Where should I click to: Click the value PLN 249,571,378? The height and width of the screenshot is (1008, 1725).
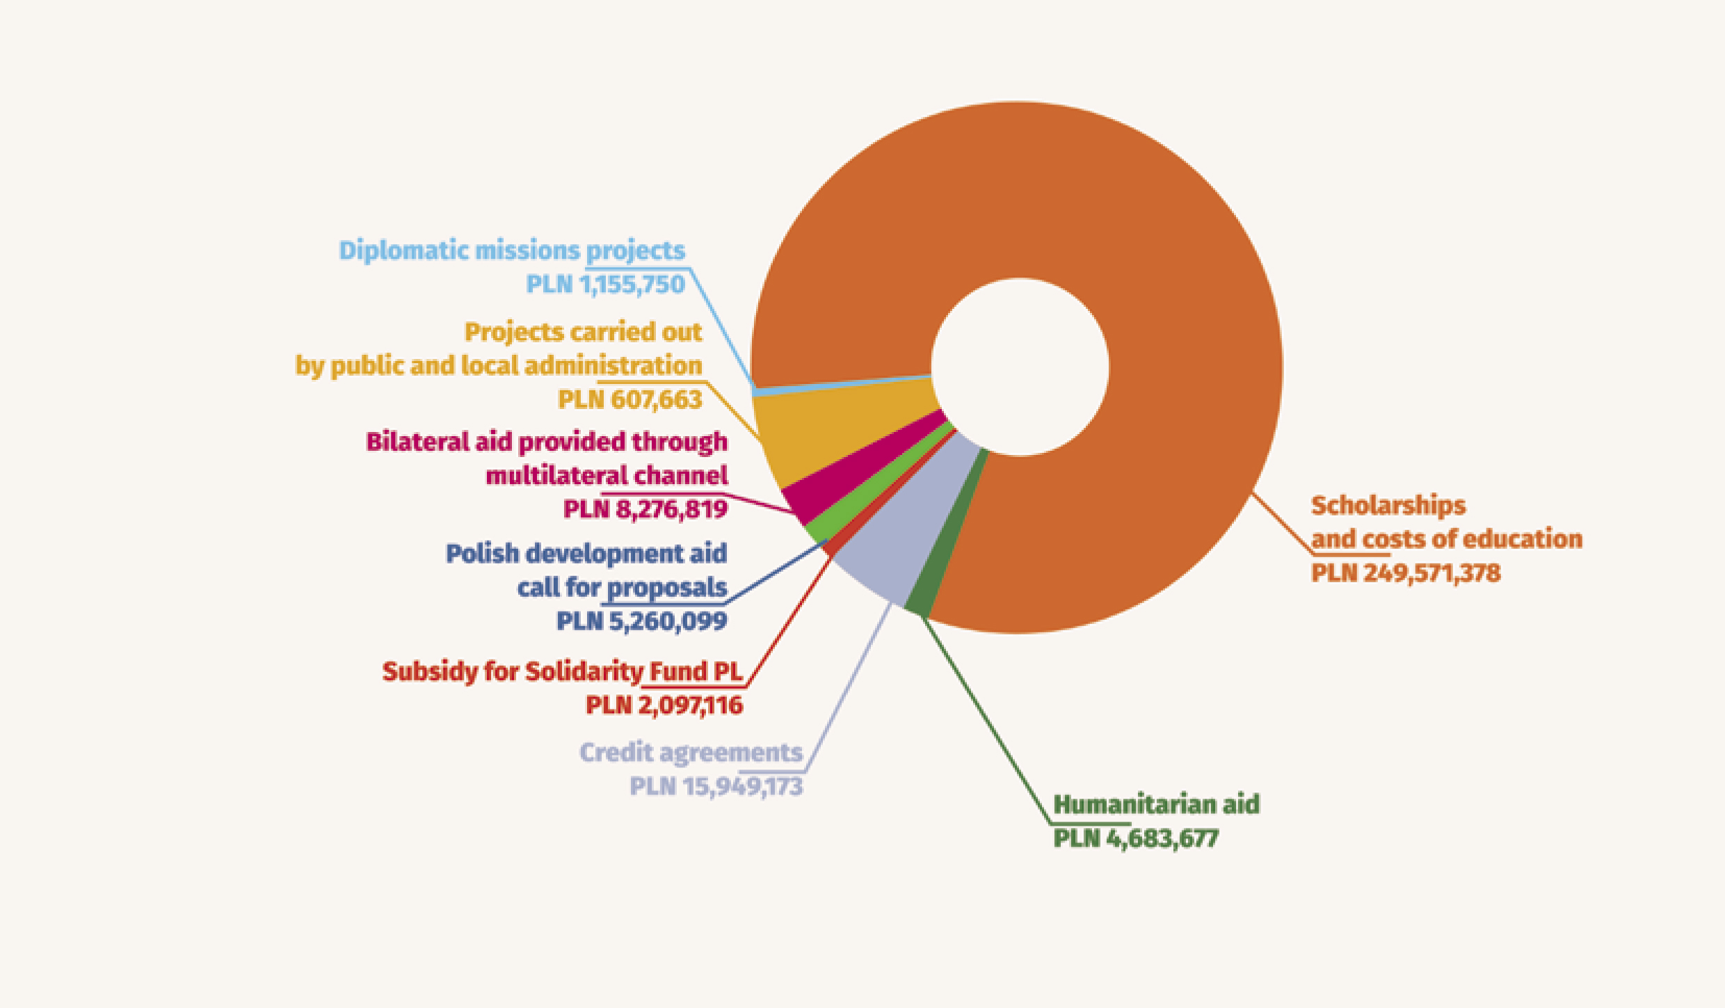1405,573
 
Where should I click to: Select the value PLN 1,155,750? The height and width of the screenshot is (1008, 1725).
605,285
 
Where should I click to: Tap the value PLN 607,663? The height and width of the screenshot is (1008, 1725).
629,400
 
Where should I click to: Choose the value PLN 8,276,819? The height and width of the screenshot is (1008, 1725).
645,509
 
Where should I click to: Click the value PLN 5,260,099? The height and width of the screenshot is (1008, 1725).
641,621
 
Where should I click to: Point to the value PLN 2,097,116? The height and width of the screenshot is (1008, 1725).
664,705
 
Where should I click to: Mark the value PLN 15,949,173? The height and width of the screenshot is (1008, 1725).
716,787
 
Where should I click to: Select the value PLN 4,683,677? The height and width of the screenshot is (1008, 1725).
1135,838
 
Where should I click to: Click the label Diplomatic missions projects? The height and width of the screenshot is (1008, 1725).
511,250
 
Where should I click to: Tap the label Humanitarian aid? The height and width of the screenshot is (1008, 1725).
1156,804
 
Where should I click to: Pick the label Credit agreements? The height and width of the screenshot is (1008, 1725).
691,753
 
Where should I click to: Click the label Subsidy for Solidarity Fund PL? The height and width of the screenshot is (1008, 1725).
562,671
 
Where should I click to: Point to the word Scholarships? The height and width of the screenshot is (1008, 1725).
1388,505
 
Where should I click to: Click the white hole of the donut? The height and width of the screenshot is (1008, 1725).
1020,367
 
